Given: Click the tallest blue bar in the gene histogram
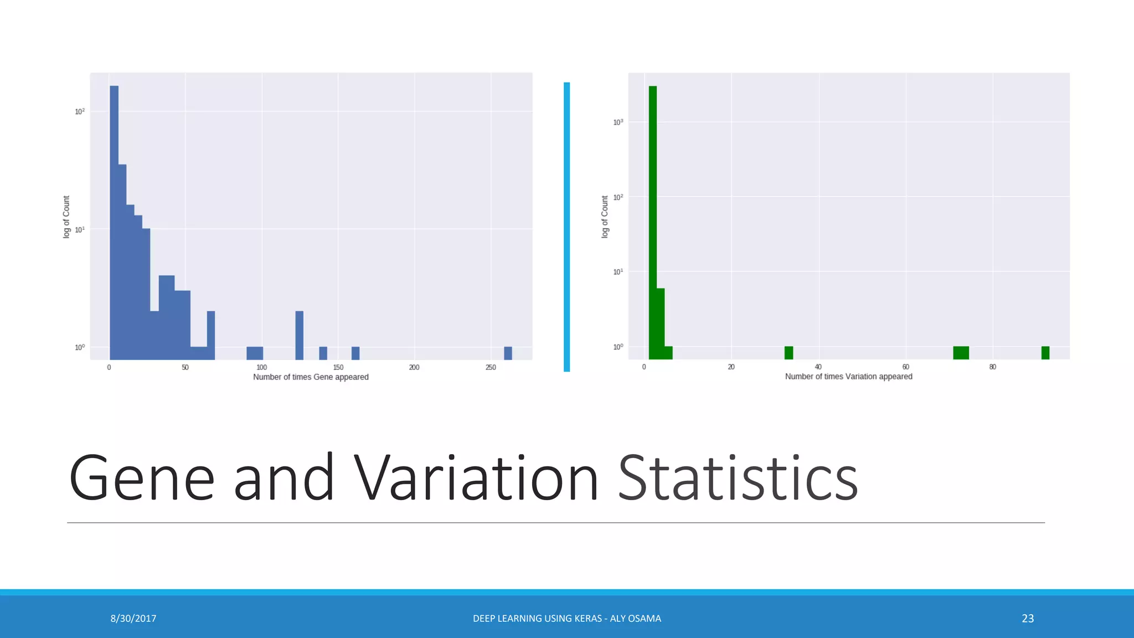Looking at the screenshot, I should click(114, 222).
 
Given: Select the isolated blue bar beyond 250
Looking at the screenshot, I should click(508, 353).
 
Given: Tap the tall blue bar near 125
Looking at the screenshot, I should click(299, 335).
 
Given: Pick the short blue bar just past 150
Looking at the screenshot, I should click(355, 353).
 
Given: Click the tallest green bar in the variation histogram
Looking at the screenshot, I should click(653, 222).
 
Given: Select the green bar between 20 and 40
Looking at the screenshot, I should click(788, 353).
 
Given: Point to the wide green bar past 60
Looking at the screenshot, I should click(961, 353).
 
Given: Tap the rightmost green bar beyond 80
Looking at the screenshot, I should click(1045, 353).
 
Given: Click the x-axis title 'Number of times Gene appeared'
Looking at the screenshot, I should click(311, 377).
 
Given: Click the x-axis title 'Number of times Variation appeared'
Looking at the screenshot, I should click(848, 377).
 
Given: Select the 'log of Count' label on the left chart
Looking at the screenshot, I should click(66, 217).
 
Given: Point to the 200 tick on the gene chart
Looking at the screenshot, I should click(414, 368).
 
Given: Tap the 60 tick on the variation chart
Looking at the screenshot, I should click(905, 367).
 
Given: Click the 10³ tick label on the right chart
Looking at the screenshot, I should click(618, 122).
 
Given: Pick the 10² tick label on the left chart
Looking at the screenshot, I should click(80, 111).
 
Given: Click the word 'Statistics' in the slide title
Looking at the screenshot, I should click(738, 478).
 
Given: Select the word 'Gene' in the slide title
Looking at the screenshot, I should click(142, 478).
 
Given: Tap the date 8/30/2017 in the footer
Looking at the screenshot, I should click(133, 619).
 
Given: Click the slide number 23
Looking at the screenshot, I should click(1028, 619).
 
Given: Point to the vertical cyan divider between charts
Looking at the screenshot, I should click(566, 227).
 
